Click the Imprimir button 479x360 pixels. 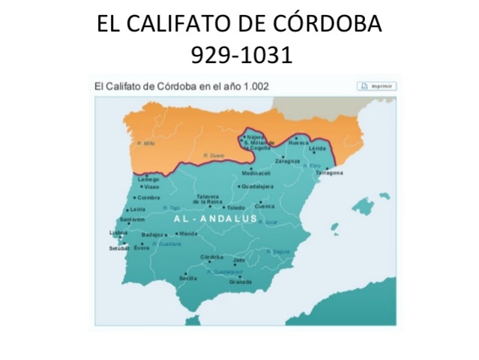click(x=376, y=86)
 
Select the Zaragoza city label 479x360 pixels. click(x=288, y=161)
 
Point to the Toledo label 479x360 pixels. click(x=236, y=208)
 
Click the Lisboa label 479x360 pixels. click(x=118, y=232)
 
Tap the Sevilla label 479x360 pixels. click(x=188, y=278)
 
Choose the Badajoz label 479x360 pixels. click(x=152, y=235)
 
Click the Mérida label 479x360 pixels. click(x=188, y=233)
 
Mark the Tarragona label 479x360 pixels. click(x=330, y=173)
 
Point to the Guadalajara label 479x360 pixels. click(x=258, y=186)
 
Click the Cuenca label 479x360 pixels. click(x=265, y=206)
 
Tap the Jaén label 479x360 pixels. click(x=239, y=260)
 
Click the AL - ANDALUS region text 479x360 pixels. click(x=216, y=219)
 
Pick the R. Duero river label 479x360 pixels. click(x=214, y=155)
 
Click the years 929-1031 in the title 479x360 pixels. click(x=239, y=55)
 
